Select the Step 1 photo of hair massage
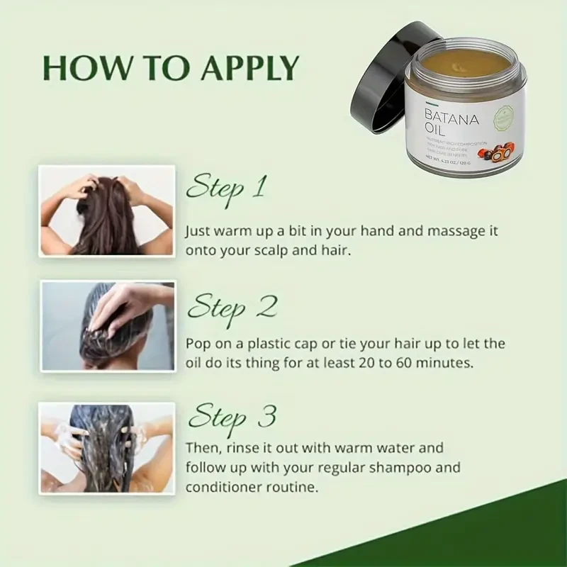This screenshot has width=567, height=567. pyautogui.click(x=107, y=210)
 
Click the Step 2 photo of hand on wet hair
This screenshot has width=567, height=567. pyautogui.click(x=107, y=326)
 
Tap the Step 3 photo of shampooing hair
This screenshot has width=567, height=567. pyautogui.click(x=107, y=447)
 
